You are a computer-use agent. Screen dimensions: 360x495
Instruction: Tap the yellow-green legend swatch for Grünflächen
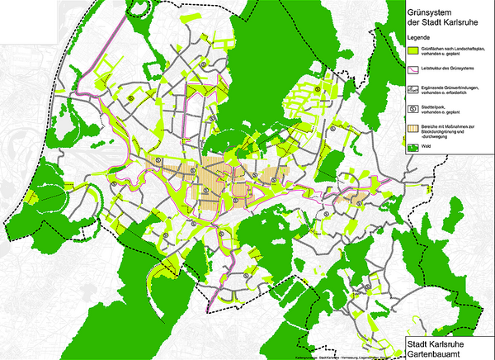point(414,51)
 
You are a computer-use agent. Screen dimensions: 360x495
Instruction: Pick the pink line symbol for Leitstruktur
point(414,69)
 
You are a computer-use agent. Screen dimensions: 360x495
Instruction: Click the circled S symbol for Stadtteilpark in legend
point(414,108)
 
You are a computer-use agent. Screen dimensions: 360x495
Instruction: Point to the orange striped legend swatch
point(414,128)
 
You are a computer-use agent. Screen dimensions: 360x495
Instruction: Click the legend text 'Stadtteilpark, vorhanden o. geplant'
point(445,108)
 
